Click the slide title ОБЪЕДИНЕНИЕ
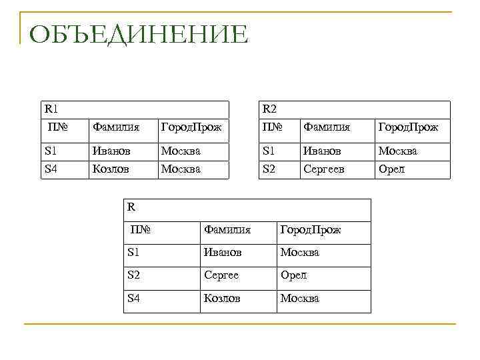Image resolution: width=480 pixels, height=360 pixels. [x=139, y=34]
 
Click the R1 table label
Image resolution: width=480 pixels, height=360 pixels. [x=51, y=109]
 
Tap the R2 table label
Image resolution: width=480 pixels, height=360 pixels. [x=269, y=109]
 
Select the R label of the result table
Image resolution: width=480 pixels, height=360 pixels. [x=131, y=207]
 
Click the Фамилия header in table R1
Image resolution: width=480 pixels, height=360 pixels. [x=116, y=127]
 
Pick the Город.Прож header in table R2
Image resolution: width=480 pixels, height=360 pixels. [x=408, y=127]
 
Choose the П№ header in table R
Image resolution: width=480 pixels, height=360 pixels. [x=142, y=230]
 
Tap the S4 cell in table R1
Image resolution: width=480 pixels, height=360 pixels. [x=51, y=169]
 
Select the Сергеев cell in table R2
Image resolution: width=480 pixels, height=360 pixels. [x=324, y=169]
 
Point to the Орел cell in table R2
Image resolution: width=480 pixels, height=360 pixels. [x=391, y=169]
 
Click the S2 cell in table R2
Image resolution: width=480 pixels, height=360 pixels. [x=269, y=169]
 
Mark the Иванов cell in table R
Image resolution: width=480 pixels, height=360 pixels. [x=223, y=253]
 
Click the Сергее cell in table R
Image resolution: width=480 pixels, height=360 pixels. [x=221, y=275]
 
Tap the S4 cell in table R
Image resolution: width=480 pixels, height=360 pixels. [x=134, y=299]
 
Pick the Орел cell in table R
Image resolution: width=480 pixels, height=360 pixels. [x=293, y=275]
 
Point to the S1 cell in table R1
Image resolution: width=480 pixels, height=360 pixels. [x=51, y=151]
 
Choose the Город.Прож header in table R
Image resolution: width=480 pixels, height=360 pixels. [x=311, y=230]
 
